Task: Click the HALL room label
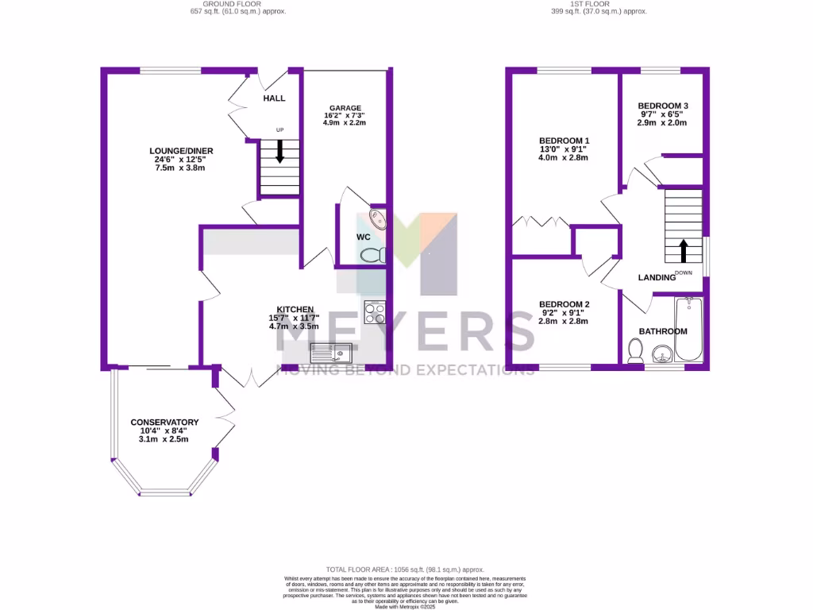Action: pos(274,98)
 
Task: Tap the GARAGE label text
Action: pos(345,108)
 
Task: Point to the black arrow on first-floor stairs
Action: pos(683,251)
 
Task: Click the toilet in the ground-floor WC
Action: pos(372,255)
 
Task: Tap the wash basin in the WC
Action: pos(378,220)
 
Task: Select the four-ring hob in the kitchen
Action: pos(374,312)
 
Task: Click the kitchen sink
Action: pos(332,351)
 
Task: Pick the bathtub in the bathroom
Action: pos(688,330)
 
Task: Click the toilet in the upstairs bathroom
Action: pos(635,350)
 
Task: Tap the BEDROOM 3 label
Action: pos(663,106)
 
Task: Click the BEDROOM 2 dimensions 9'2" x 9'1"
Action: pos(564,313)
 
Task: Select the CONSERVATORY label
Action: pos(164,423)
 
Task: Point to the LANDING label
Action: pos(656,277)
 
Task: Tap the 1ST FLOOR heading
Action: pos(590,4)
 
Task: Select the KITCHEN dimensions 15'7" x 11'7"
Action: pos(295,318)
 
